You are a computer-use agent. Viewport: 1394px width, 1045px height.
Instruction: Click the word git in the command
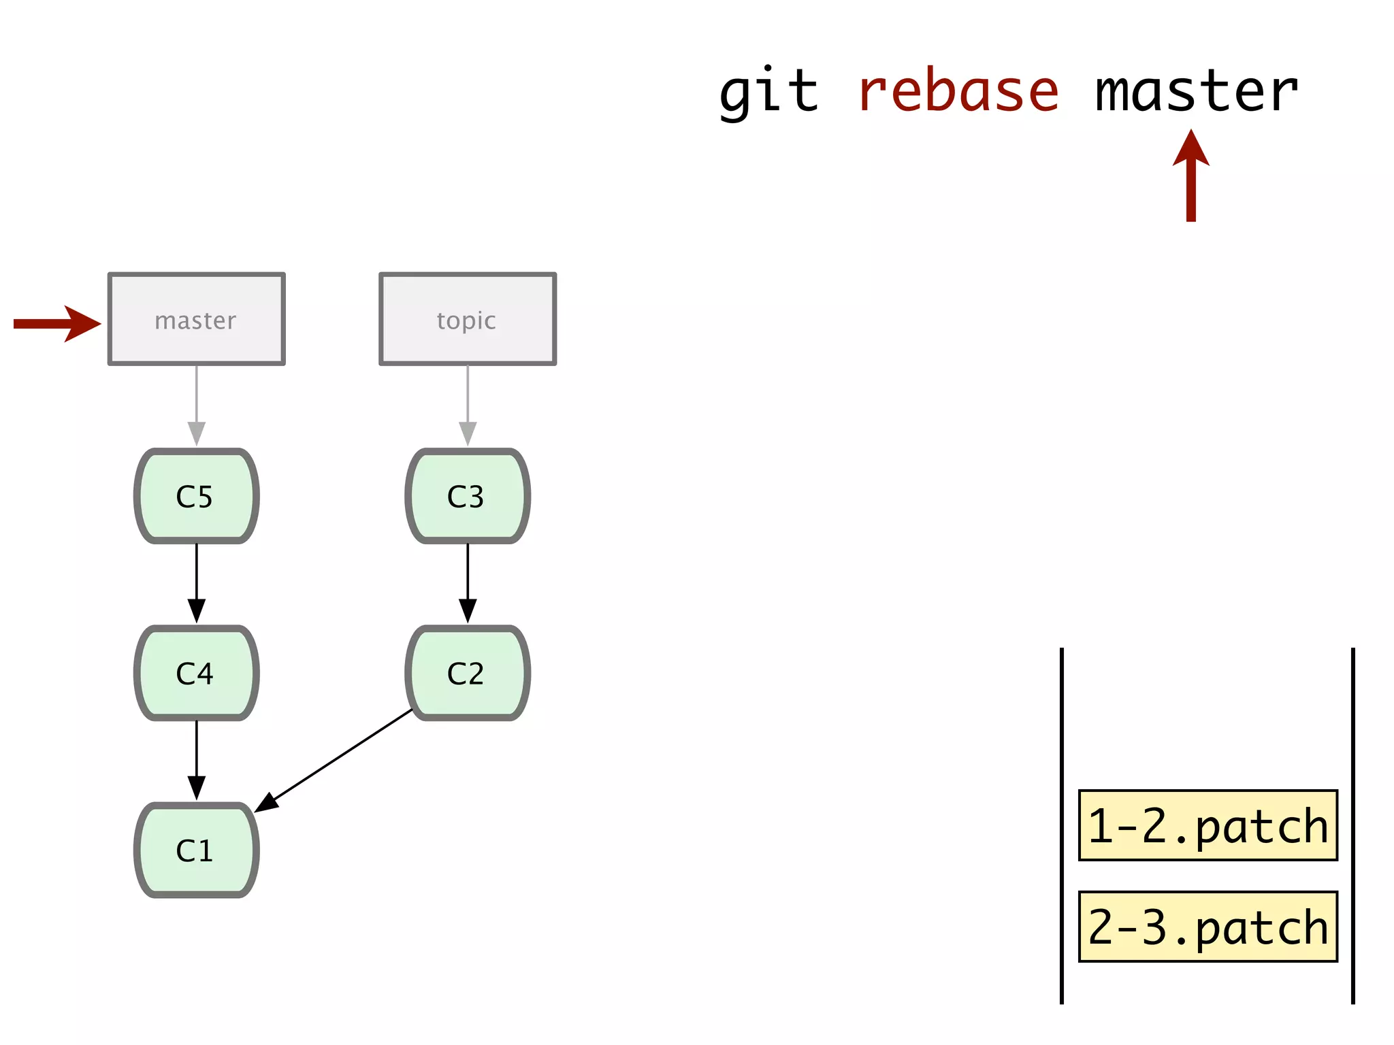click(768, 92)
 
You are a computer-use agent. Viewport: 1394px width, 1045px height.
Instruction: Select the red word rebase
click(958, 92)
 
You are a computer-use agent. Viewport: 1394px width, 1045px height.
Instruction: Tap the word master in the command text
click(1196, 92)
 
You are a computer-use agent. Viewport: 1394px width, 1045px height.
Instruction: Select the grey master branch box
click(196, 320)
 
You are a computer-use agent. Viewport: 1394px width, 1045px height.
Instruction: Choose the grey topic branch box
click(468, 320)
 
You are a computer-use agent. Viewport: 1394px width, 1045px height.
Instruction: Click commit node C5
click(196, 496)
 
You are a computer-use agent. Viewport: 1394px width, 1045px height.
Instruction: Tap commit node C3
click(468, 496)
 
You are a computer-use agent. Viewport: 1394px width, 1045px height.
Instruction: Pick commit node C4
click(196, 673)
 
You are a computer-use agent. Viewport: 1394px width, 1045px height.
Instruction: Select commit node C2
click(468, 673)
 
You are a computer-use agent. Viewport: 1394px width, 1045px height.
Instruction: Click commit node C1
click(196, 850)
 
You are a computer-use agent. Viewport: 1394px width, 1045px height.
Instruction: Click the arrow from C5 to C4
click(196, 582)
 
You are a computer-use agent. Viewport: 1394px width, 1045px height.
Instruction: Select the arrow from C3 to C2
click(468, 582)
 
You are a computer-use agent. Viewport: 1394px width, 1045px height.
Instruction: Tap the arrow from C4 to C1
click(196, 759)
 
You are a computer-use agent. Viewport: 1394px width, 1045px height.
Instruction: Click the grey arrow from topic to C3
click(468, 405)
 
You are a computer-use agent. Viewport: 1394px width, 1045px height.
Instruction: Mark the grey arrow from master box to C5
click(196, 405)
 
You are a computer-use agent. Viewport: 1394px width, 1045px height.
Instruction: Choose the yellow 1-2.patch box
click(1207, 826)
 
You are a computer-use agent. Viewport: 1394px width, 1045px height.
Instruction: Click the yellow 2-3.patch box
click(1207, 927)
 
